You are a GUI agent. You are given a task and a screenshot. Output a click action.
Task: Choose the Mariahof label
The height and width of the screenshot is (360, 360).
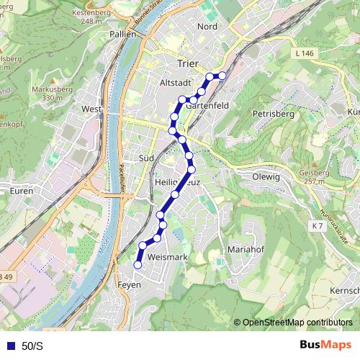click(246, 249)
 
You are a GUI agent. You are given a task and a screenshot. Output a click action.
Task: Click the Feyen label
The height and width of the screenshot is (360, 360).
click(130, 285)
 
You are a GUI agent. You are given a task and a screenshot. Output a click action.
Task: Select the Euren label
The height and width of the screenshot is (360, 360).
click(22, 191)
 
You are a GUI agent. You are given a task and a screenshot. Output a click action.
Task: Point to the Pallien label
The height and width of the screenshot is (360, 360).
click(122, 34)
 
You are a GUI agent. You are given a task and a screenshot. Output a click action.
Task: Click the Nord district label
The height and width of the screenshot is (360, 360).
click(207, 27)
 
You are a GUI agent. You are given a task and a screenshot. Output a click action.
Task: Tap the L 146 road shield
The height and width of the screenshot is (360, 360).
click(305, 54)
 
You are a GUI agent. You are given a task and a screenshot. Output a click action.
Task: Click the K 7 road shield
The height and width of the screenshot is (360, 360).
click(318, 226)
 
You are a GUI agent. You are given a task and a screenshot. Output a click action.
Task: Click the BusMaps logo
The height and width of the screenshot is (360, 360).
click(325, 346)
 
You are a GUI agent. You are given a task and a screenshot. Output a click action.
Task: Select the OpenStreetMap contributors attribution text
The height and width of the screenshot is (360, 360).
click(297, 323)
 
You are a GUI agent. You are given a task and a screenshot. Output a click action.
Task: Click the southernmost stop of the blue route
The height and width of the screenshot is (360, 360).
click(138, 264)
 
